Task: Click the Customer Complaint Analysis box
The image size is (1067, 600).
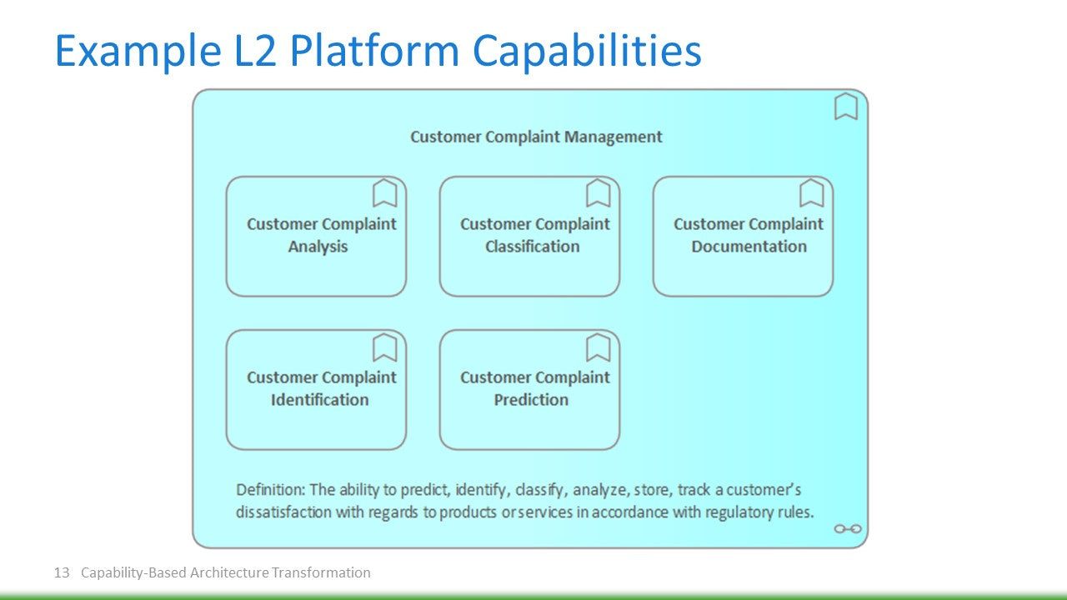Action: click(x=316, y=237)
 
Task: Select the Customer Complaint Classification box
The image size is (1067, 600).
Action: click(x=529, y=237)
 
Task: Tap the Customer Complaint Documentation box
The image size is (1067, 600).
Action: click(x=743, y=237)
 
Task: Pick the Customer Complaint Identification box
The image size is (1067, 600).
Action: click(x=316, y=390)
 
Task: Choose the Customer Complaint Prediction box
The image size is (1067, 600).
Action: click(x=529, y=390)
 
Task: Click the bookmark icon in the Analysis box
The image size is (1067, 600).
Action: click(x=384, y=193)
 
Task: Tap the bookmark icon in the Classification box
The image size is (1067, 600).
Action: click(x=598, y=193)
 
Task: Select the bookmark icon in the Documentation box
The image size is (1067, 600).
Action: click(x=811, y=193)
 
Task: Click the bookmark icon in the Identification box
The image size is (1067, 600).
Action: click(x=384, y=347)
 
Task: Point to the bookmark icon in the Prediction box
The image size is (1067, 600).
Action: click(x=598, y=347)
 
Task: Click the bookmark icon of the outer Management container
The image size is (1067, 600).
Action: click(x=846, y=107)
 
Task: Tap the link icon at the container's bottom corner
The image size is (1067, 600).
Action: click(x=848, y=528)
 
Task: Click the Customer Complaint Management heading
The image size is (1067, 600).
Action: click(x=536, y=137)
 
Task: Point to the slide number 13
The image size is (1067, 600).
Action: click(x=61, y=572)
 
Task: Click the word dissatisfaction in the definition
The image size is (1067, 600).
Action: click(x=283, y=512)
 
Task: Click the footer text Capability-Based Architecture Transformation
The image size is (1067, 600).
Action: click(x=225, y=572)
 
